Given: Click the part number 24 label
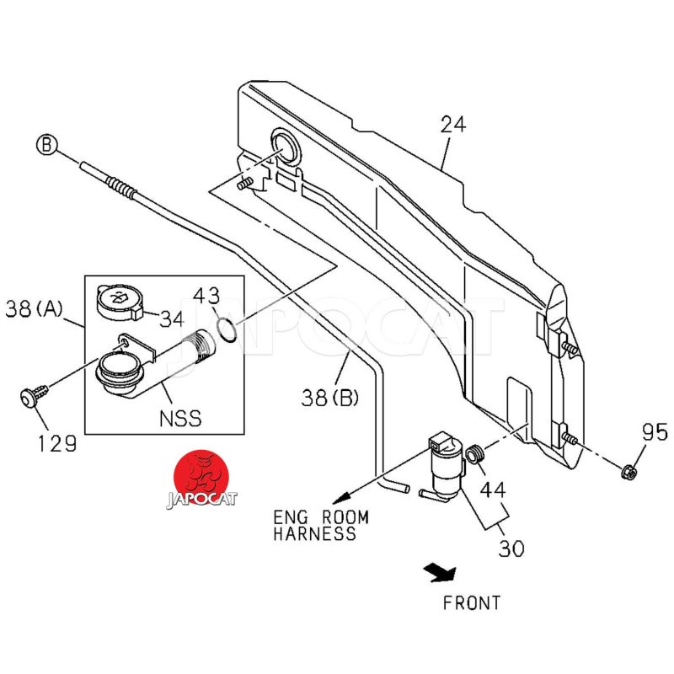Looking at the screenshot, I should tap(452, 126).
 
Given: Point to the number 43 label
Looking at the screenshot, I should tap(206, 297).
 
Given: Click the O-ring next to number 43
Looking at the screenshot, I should tap(227, 329).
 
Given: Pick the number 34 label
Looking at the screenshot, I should tap(172, 319).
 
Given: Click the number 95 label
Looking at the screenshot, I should tap(654, 433).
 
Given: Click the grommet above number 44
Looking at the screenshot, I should tap(475, 455).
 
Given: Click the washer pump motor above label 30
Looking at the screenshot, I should tap(443, 465).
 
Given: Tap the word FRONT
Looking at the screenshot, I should tap(472, 603).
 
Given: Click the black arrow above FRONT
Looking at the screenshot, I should tap(441, 573).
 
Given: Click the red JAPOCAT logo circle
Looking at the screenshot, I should tap(201, 478).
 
